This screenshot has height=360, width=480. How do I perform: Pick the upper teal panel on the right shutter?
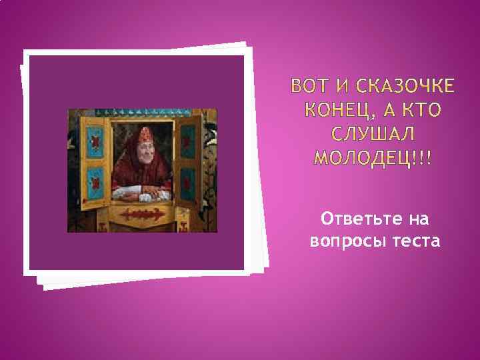(189, 140)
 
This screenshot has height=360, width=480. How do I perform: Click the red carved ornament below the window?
(141, 215)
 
